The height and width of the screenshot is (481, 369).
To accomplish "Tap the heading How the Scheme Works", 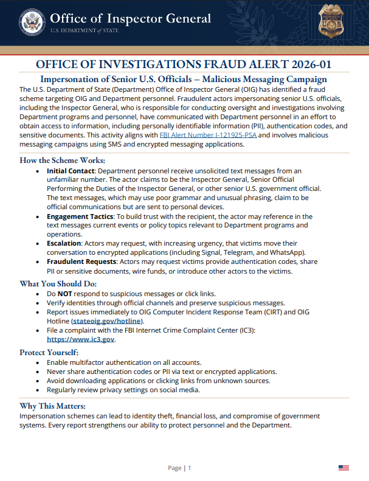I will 62,161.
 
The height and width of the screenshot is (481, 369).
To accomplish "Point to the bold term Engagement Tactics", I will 80,216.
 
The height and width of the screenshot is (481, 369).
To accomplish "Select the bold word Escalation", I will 64,243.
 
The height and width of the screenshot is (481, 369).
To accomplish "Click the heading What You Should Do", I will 58,283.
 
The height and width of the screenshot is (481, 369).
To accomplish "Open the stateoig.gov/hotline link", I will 108,320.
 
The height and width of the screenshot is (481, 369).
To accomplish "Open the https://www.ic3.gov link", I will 80,339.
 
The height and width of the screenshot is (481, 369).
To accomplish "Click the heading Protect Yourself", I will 49,352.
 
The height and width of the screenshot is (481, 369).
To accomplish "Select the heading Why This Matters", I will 52,406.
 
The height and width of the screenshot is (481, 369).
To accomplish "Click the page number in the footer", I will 190,468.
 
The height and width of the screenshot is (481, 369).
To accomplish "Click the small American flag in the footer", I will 343,468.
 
